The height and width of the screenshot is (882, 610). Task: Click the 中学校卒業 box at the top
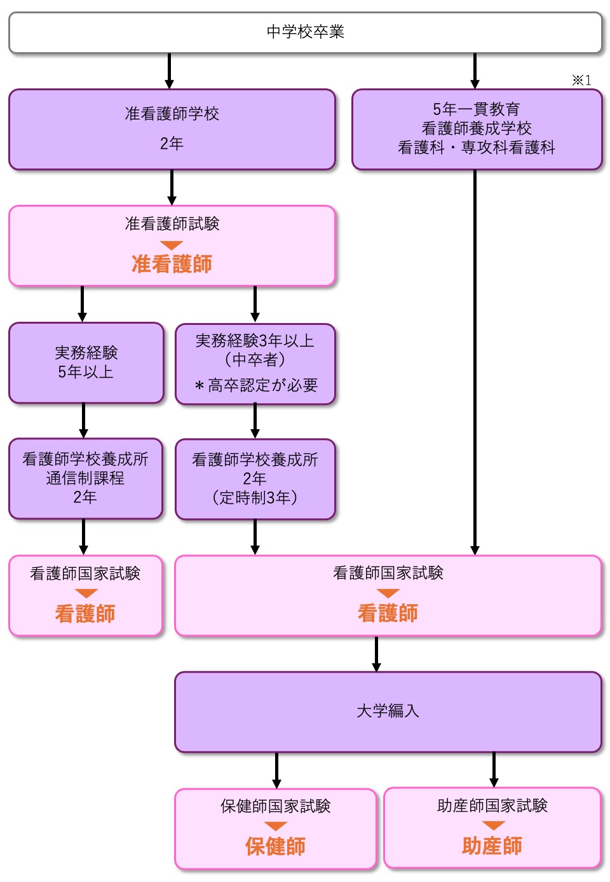(305, 32)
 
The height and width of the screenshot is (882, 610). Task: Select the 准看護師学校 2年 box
(172, 129)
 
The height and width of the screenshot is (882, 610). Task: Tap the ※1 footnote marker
(581, 80)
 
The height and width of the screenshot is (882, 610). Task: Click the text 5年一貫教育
(476, 109)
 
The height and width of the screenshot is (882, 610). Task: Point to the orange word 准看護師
(172, 263)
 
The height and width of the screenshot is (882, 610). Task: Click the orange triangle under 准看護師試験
(172, 245)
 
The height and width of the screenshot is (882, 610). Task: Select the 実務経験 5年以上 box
(86, 362)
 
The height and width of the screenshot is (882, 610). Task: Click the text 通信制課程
(85, 478)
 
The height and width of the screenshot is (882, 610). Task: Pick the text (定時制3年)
(255, 497)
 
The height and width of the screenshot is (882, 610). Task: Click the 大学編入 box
(388, 711)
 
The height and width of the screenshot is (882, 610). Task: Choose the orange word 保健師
(275, 846)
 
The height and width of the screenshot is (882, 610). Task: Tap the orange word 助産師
(492, 845)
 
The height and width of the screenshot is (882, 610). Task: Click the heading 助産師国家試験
(492, 806)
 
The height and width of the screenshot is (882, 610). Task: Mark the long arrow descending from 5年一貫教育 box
(475, 362)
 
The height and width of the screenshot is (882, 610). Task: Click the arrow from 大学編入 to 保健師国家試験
(276, 770)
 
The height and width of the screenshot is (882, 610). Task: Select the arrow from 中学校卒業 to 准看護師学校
(169, 71)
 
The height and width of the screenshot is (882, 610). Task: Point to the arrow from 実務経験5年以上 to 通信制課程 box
(84, 420)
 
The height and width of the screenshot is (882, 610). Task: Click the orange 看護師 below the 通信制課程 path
(85, 613)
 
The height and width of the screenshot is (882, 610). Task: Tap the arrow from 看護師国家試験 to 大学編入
(376, 654)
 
